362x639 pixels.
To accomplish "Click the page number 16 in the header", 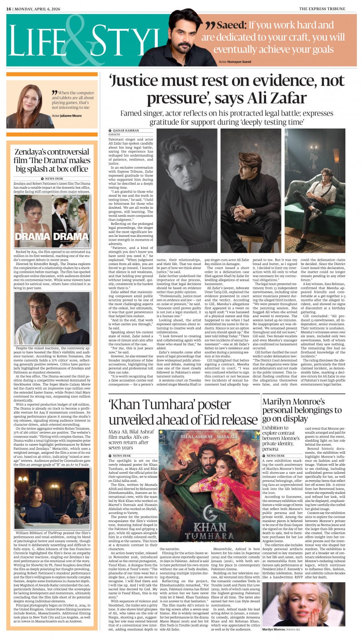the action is (9, 9).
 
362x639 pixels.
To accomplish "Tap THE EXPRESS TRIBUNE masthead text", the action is (327, 9).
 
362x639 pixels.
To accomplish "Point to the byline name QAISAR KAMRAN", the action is (126, 131).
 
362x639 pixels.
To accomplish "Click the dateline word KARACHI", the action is (115, 134).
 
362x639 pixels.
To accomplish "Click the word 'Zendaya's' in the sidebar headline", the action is (32, 152).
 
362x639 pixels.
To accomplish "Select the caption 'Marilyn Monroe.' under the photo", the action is (274, 629).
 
